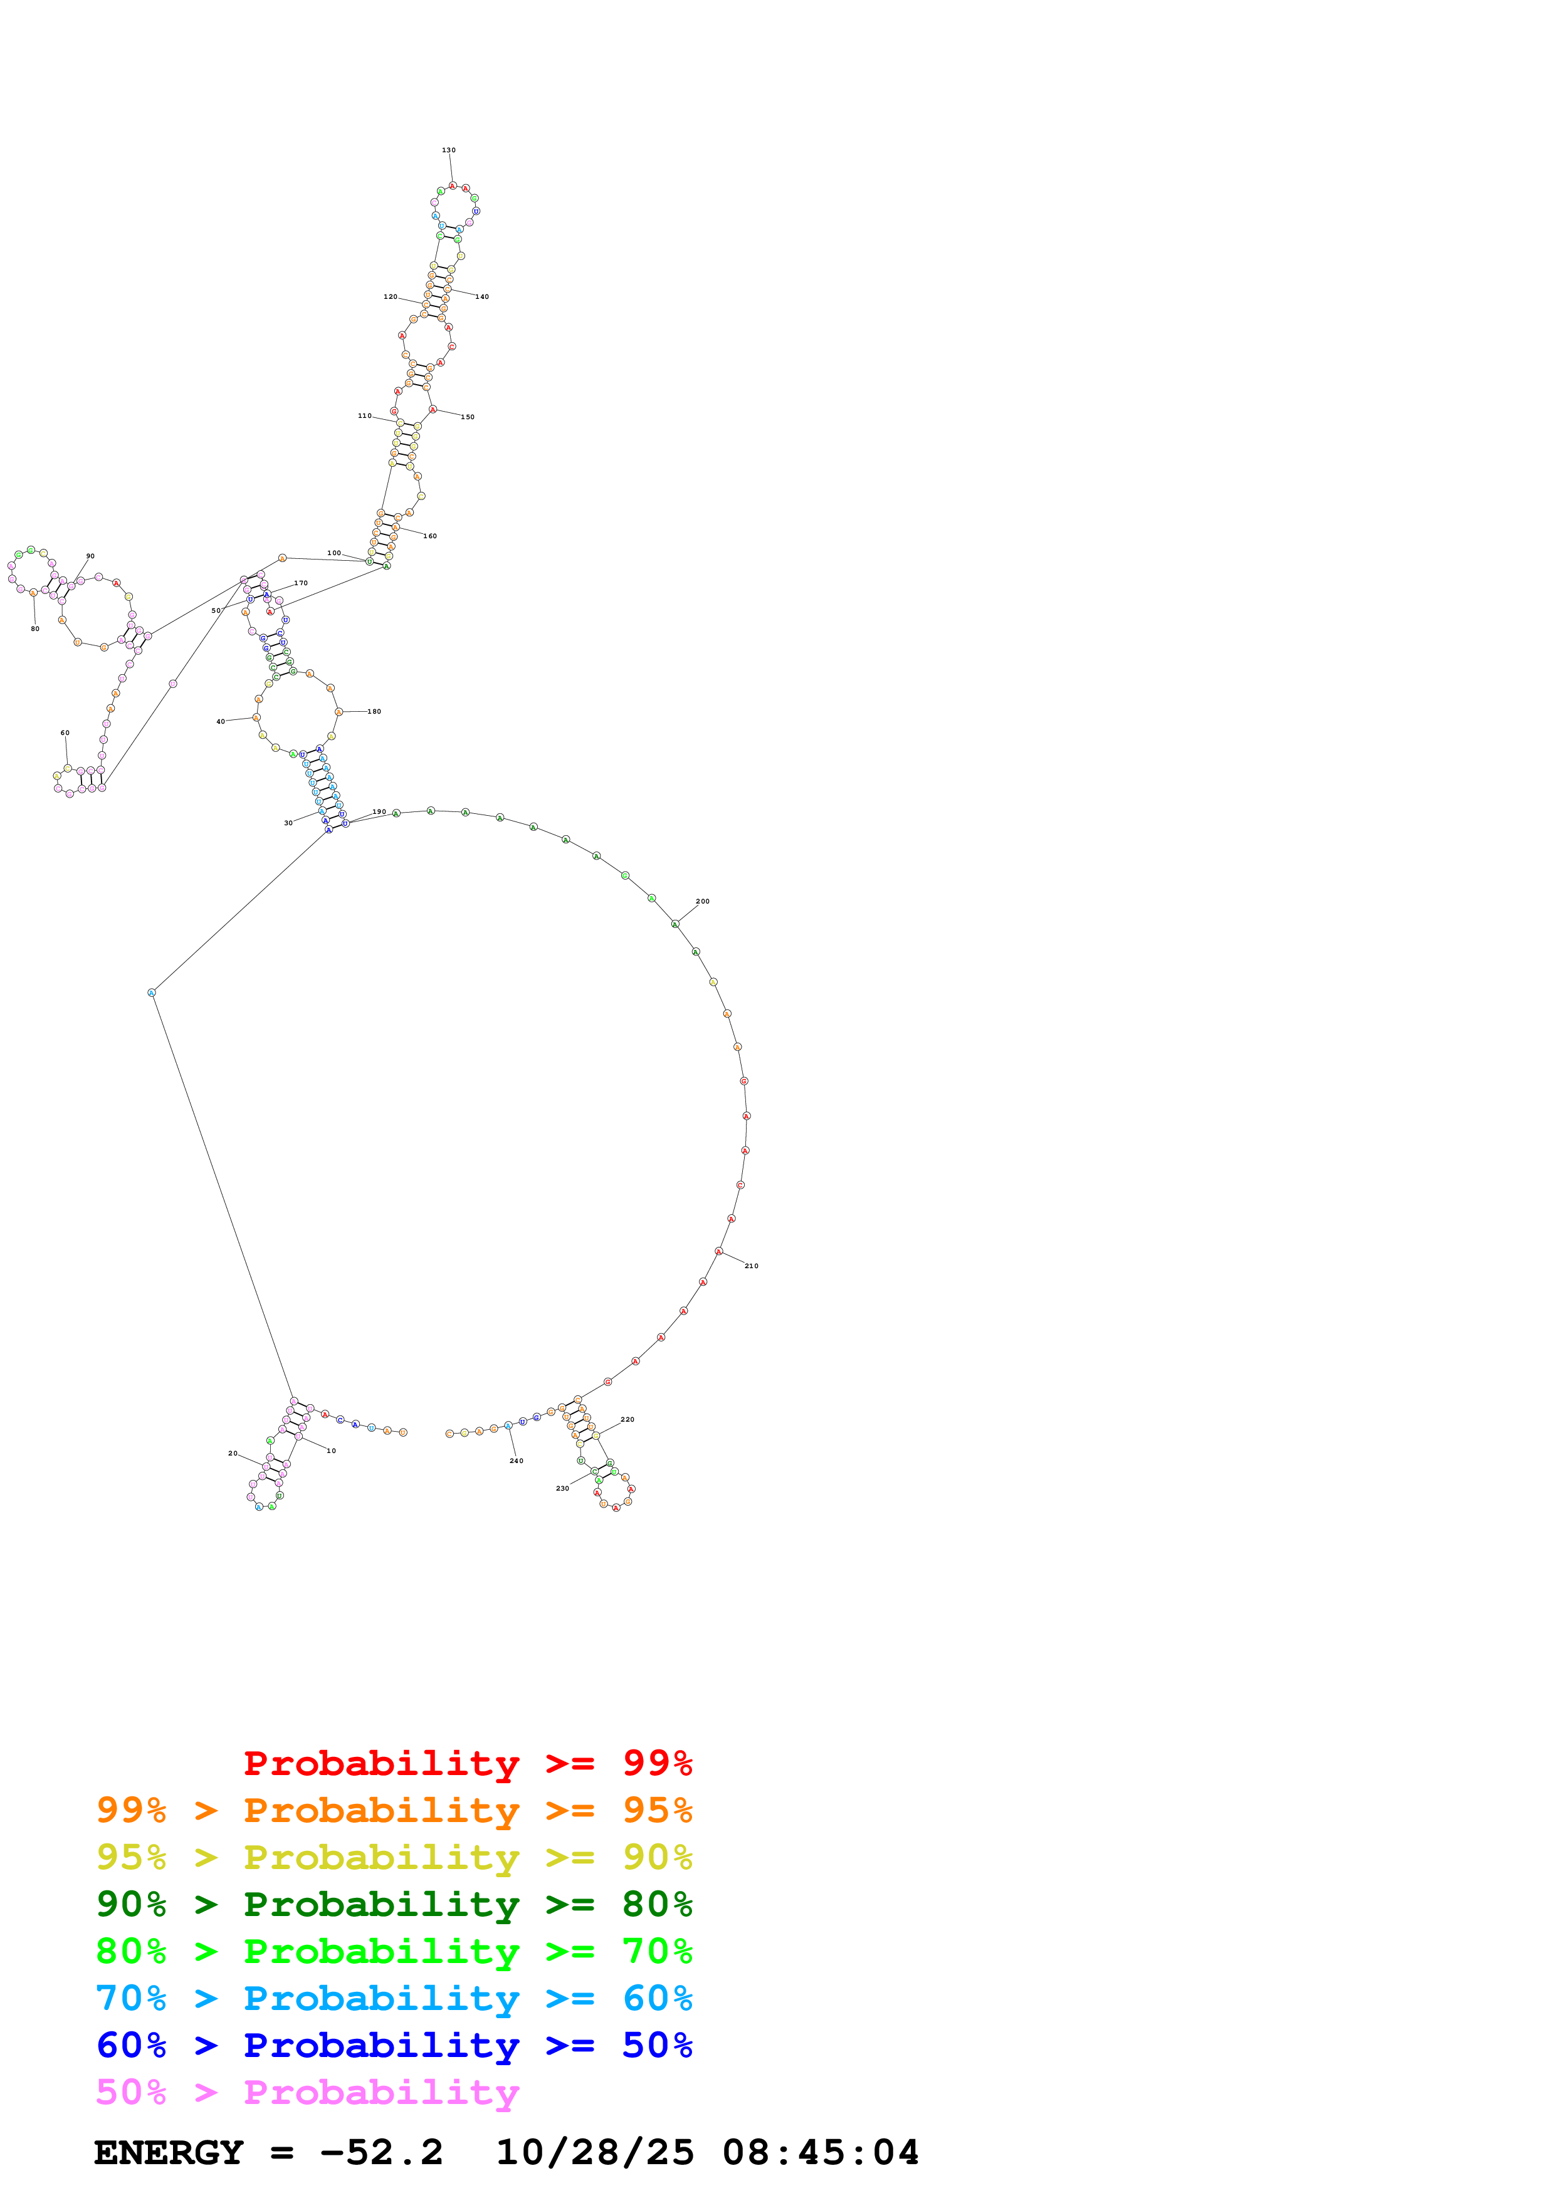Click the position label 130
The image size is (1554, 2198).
(x=448, y=150)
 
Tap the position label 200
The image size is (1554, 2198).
(x=702, y=901)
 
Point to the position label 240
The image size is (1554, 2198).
(x=516, y=1461)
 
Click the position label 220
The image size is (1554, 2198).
(x=627, y=1420)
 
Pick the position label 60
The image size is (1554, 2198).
(x=65, y=733)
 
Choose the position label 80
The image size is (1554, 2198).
(x=36, y=629)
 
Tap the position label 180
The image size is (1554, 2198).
(x=374, y=711)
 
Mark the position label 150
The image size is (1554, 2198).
(x=467, y=417)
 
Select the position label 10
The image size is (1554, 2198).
(x=331, y=1451)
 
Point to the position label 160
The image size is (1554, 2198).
(x=430, y=536)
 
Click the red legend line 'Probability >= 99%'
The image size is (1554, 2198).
(x=467, y=1763)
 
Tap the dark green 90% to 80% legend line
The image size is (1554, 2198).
(x=394, y=1904)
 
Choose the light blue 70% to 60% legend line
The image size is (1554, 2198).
(x=394, y=1998)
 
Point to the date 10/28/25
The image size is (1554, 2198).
(x=595, y=2152)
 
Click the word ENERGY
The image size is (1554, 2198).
(x=169, y=2152)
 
